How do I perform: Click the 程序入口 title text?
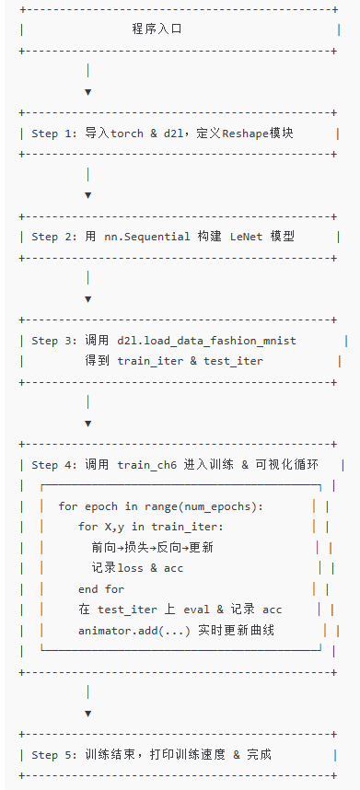tap(157, 29)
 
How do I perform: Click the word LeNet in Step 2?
tap(242, 237)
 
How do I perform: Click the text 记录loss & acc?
tap(137, 568)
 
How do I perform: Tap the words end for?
tap(101, 589)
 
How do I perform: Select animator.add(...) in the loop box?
tap(130, 631)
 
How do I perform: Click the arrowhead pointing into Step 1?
tap(87, 91)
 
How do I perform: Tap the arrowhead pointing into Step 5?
tap(87, 713)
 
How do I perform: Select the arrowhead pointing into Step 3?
tap(87, 298)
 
